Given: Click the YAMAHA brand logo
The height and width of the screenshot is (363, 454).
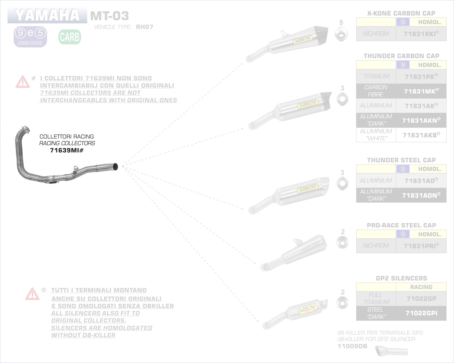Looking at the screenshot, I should coord(47,15).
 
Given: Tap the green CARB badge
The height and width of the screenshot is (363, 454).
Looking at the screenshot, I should coord(70,37).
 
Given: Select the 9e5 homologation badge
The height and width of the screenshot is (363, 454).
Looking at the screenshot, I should coord(30,37).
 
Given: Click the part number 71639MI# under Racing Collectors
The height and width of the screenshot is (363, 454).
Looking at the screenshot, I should coord(67,150).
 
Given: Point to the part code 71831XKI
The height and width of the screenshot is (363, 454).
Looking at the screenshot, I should coord(421,34).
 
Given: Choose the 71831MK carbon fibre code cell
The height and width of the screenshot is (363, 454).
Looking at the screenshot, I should coord(421,91).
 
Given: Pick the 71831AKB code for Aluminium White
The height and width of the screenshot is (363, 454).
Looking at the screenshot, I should coord(421,135).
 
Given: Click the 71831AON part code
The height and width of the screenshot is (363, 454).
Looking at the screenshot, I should coord(421,195).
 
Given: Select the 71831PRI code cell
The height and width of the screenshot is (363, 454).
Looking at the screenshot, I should coord(421,246).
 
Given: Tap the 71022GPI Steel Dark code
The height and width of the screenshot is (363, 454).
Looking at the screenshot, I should coord(421,313).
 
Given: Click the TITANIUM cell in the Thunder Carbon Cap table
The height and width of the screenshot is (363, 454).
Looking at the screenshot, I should coord(376,76).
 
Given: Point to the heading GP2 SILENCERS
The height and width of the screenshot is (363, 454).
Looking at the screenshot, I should coord(401,278).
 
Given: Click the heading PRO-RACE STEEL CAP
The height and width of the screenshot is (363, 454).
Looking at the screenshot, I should coord(401,225).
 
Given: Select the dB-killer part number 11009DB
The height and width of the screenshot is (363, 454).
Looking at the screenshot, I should coord(352,346).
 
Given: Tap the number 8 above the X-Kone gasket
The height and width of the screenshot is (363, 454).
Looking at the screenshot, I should coord(341,23).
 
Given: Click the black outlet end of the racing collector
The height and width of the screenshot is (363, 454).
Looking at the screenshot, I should coord(115,167).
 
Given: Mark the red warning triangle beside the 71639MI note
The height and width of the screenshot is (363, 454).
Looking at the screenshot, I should coord(22,82).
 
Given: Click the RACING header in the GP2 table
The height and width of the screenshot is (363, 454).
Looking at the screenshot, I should coord(421,287).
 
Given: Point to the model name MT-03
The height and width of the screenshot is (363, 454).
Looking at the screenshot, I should coord(109,16).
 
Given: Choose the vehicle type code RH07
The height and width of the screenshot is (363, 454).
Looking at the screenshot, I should coord(145,27).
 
